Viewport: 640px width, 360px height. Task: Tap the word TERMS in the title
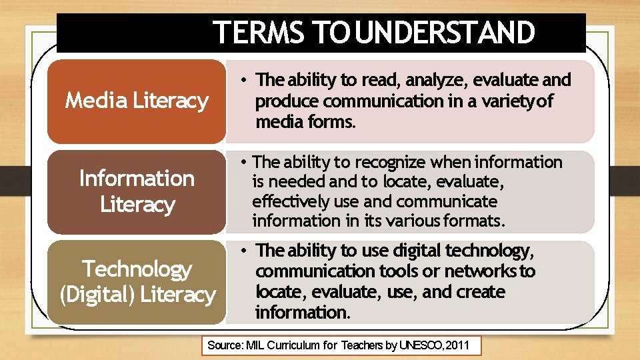259,33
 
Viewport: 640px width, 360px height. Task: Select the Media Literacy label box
137,101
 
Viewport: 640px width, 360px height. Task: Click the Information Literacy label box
137,191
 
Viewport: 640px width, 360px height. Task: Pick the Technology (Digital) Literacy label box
137,281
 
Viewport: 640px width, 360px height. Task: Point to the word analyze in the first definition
437,81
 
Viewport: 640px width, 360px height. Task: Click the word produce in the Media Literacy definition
286,101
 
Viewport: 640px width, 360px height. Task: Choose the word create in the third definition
481,292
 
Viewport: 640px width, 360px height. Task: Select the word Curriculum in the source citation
294,345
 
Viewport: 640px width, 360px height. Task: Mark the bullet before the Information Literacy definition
245,162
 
